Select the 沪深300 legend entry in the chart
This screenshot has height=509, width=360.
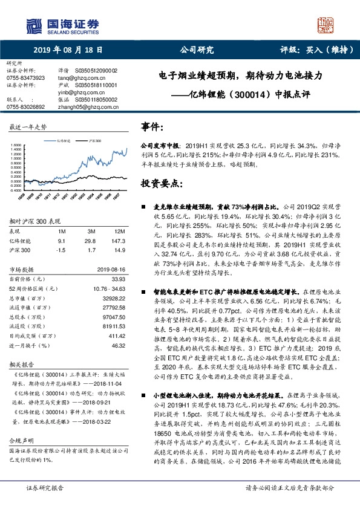pyautogui.click(x=94, y=139)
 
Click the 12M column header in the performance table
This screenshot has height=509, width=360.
pyautogui.click(x=119, y=232)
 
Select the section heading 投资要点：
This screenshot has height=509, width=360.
pyautogui.click(x=162, y=183)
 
